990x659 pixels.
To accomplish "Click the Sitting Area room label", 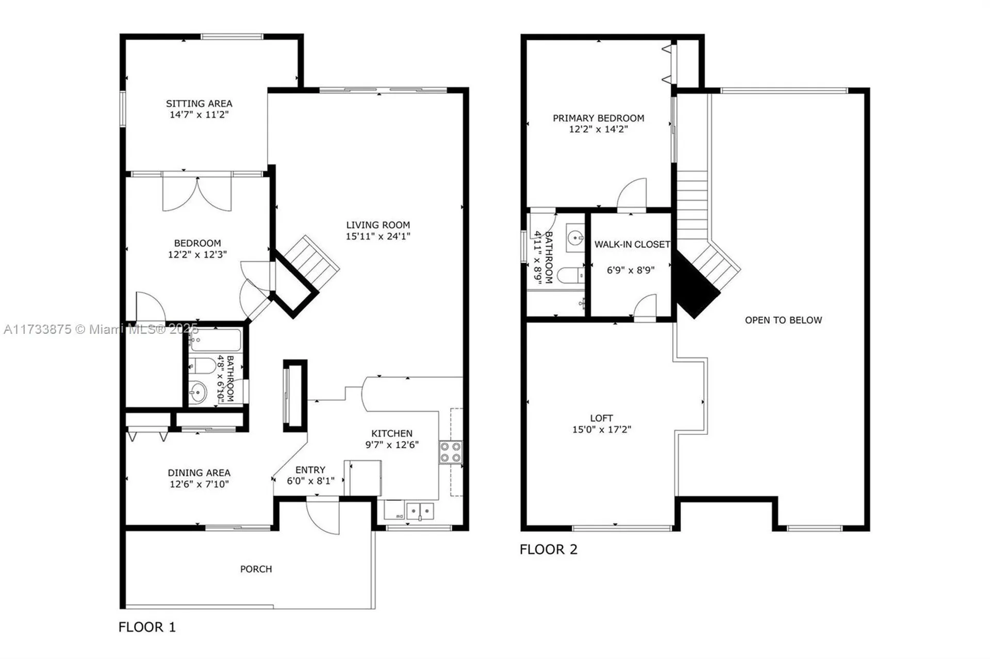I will pyautogui.click(x=199, y=104).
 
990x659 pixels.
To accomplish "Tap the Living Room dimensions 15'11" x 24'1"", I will pyautogui.click(x=378, y=236).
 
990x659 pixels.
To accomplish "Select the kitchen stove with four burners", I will pyautogui.click(x=450, y=452).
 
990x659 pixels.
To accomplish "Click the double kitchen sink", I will pyautogui.click(x=420, y=511).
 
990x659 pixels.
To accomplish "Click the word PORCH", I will pyautogui.click(x=256, y=569).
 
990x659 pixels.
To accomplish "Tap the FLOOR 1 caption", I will pyautogui.click(x=147, y=627).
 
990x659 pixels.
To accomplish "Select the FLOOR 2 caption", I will pyautogui.click(x=548, y=549).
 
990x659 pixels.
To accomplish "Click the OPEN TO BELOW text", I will pyautogui.click(x=783, y=320).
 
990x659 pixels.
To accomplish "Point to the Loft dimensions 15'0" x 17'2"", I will pyautogui.click(x=601, y=429).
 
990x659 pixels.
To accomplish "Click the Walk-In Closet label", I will pyautogui.click(x=632, y=244).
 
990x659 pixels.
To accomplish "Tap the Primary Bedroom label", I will pyautogui.click(x=598, y=118).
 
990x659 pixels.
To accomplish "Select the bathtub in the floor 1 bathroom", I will pyautogui.click(x=215, y=340).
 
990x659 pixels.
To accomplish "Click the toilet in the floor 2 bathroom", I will pyautogui.click(x=570, y=276).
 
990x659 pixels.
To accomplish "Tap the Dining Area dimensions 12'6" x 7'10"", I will pyautogui.click(x=199, y=484).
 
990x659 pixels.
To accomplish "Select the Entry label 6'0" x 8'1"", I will pyautogui.click(x=310, y=475).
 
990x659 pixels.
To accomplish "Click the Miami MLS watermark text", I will pyautogui.click(x=101, y=329).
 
